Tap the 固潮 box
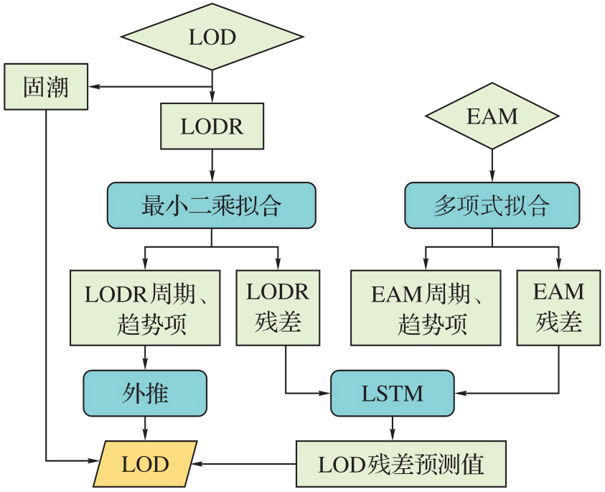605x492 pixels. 46,87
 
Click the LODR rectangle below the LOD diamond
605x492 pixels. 212,126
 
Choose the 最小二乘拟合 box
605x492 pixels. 212,205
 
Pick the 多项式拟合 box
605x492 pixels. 492,205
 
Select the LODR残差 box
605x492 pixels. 278,307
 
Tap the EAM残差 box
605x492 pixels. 558,307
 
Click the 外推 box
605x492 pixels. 145,393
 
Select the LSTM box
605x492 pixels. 392,393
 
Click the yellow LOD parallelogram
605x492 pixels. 145,464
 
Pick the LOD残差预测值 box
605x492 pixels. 401,464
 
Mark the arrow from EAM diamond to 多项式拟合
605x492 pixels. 492,166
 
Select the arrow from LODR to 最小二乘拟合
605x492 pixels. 212,166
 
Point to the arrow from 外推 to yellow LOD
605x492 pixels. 146,428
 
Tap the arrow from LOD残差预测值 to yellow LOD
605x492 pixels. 244,464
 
